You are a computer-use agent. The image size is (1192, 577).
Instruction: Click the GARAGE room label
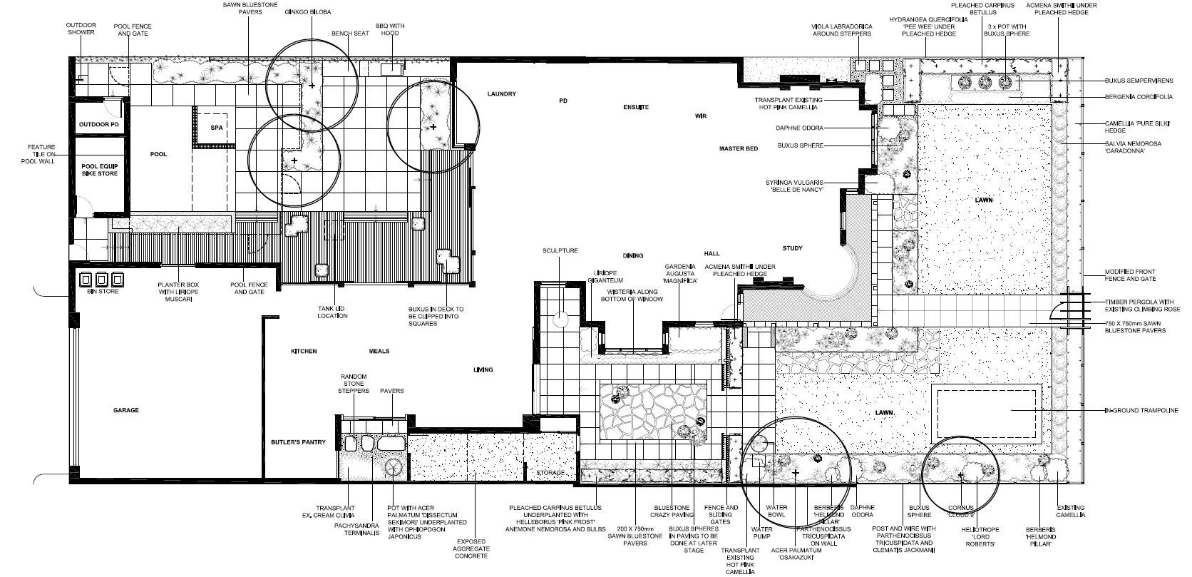[125, 410]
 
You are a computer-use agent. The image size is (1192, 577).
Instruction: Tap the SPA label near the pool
[217, 128]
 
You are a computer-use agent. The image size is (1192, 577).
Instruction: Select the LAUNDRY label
[501, 93]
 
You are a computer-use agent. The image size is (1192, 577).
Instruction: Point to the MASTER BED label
[738, 148]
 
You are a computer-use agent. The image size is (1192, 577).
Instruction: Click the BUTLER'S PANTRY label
[298, 442]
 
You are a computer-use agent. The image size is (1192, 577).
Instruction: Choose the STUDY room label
[792, 248]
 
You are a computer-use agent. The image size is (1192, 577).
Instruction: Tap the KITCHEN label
[303, 352]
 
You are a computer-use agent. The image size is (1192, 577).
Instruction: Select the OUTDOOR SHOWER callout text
[81, 29]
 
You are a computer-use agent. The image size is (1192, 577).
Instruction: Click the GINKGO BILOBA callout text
[307, 12]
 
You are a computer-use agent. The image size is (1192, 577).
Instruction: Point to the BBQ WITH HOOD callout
[390, 29]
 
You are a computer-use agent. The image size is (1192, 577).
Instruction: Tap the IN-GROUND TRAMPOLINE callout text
[1141, 411]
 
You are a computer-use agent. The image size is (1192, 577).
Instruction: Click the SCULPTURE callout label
[560, 251]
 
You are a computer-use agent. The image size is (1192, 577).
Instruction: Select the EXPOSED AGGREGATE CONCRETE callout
[471, 548]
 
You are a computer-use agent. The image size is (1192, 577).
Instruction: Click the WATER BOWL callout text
[776, 511]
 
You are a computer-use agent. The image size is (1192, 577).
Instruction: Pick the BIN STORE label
[103, 292]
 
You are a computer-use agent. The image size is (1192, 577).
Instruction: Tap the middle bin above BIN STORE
[102, 280]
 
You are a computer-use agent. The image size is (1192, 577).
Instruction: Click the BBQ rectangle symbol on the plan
[392, 68]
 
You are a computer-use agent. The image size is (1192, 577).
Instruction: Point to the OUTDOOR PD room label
[99, 125]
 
